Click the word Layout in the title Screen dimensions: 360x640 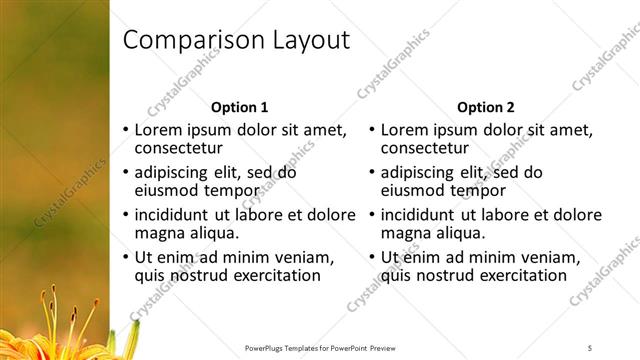pyautogui.click(x=307, y=41)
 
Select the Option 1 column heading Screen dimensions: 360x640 pyautogui.click(x=240, y=107)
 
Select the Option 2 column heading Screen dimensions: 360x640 pyautogui.click(x=486, y=107)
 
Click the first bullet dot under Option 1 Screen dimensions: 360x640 pyautogui.click(x=125, y=130)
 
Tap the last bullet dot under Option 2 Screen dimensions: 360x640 pyautogui.click(x=371, y=257)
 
